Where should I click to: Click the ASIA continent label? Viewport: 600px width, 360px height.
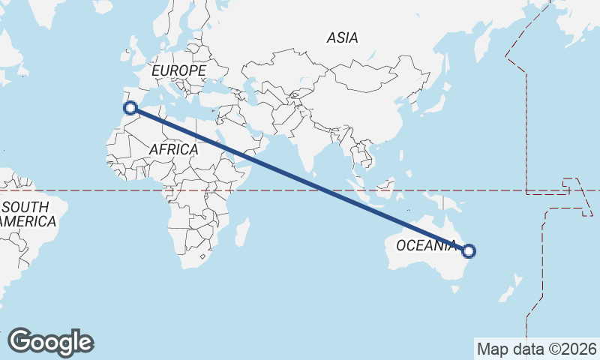342,37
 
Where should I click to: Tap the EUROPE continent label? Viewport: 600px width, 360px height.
178,70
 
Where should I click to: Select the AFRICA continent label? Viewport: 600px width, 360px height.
173,150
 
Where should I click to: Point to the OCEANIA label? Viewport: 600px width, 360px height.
425,246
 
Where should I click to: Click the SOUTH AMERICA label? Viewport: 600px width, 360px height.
27,214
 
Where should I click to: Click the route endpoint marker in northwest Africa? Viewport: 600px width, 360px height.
130,107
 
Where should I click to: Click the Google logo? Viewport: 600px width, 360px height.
50,342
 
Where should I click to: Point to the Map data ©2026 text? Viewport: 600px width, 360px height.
536,349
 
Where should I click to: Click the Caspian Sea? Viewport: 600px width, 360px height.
256,94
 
